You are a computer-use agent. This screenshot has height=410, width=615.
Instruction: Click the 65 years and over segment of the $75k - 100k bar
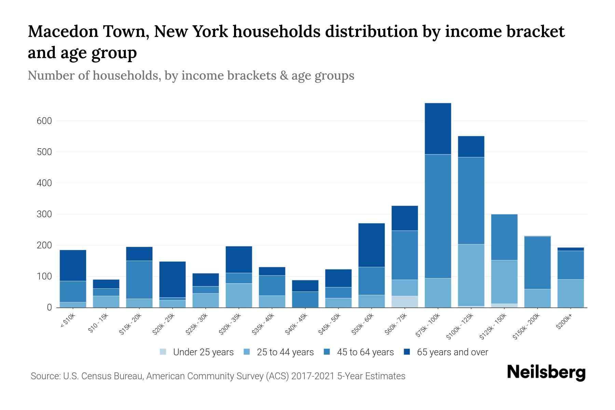[x=438, y=128]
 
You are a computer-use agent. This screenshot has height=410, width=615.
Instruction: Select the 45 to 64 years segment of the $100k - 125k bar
[x=471, y=201]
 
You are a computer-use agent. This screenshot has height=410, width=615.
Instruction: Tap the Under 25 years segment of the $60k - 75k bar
[x=405, y=302]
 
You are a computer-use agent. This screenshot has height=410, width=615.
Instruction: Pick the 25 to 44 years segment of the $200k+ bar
[x=570, y=293]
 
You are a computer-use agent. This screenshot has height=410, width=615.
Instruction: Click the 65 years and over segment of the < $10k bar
[x=73, y=265]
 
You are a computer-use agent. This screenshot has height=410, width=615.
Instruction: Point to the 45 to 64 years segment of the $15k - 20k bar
[x=139, y=280]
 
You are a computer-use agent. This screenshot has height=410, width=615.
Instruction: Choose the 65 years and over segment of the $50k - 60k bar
[x=371, y=245]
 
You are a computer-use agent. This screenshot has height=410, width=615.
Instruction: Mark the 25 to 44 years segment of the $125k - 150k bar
[x=504, y=282]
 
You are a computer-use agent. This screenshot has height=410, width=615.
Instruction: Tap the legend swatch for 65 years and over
[x=407, y=352]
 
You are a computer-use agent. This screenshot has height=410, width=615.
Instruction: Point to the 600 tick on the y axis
[x=44, y=121]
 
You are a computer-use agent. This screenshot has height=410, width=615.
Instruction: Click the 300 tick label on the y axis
[x=44, y=215]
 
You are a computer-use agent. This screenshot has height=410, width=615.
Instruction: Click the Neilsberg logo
[x=546, y=373]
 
